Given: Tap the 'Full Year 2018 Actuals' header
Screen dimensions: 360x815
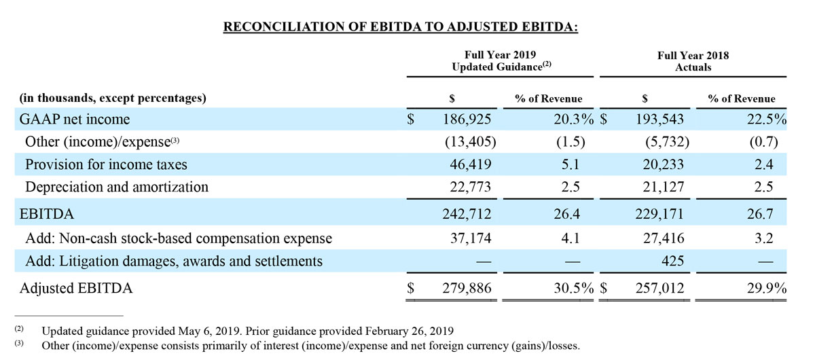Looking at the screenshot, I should tap(693, 61).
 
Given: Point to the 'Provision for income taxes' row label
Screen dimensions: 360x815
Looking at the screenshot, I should tap(106, 164).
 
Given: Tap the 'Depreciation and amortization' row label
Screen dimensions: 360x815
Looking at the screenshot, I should tap(116, 186).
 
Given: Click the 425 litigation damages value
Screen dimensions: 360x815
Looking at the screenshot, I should tap(673, 261).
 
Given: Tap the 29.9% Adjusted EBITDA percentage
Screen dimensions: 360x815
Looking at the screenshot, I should tap(766, 289).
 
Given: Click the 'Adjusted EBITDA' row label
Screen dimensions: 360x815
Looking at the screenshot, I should tap(76, 289).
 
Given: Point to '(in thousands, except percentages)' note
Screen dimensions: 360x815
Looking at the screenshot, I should tap(113, 98).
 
